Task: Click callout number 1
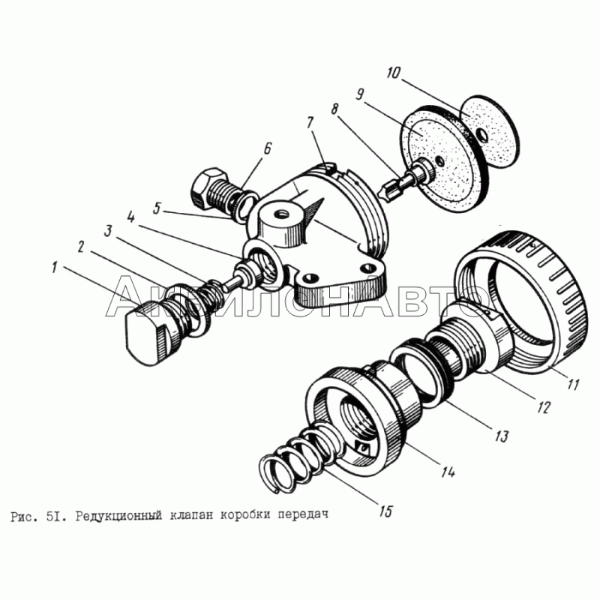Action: point(54,268)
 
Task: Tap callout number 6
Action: point(267,148)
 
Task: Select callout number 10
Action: point(392,73)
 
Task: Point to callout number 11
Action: point(573,384)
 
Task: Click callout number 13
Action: point(501,436)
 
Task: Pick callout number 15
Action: point(386,511)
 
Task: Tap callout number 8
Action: point(334,109)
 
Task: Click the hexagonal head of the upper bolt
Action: point(206,188)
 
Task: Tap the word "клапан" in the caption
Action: point(190,515)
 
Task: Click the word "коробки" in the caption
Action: point(245,515)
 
